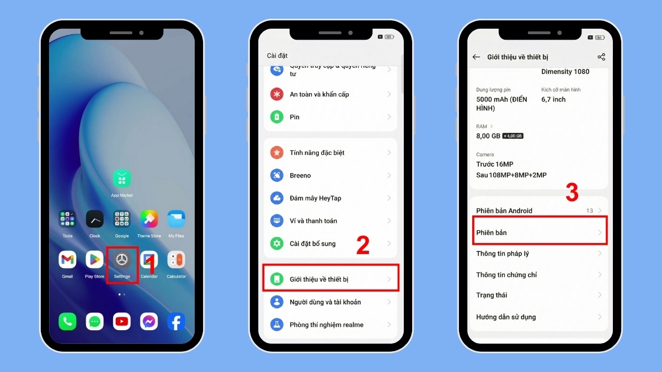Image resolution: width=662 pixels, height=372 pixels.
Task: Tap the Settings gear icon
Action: point(122,260)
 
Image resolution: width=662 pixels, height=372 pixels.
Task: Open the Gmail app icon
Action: point(67,260)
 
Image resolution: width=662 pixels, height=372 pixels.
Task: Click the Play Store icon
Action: point(94,260)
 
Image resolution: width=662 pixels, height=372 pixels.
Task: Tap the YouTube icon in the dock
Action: point(121,321)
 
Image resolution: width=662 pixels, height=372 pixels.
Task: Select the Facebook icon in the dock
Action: point(176,321)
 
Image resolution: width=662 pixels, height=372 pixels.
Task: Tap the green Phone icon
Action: point(67,321)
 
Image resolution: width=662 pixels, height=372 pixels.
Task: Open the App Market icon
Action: point(122,179)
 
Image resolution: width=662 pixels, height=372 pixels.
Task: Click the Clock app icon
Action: point(94,219)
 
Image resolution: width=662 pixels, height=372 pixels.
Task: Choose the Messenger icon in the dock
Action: point(149,321)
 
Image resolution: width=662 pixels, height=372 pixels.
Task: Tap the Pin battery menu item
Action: point(295,117)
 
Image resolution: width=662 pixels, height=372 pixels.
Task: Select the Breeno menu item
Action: point(300,175)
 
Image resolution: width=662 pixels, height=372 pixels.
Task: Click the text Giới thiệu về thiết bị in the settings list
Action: point(319,279)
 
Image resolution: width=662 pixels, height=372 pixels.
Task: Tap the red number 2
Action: point(362,246)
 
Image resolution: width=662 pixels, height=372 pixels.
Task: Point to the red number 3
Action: point(572,192)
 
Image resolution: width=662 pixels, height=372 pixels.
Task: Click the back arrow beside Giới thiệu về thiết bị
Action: point(476,57)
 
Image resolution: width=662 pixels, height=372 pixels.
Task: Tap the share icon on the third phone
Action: point(601,57)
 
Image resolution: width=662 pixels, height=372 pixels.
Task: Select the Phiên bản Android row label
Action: point(504,211)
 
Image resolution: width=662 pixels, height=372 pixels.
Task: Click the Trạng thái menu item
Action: point(492,295)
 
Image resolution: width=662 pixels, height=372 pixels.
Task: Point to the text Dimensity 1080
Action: point(565,72)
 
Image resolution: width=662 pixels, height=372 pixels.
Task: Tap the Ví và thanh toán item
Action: point(313,221)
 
